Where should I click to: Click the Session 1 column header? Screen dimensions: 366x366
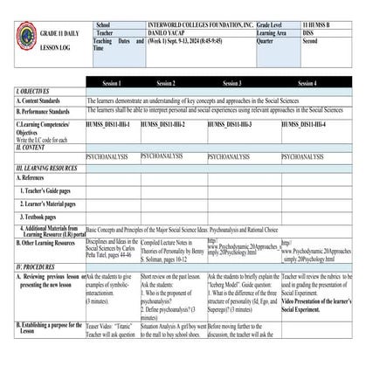[111, 83]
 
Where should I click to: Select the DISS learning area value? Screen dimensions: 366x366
[309, 34]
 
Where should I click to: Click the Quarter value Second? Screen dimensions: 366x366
[312, 42]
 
